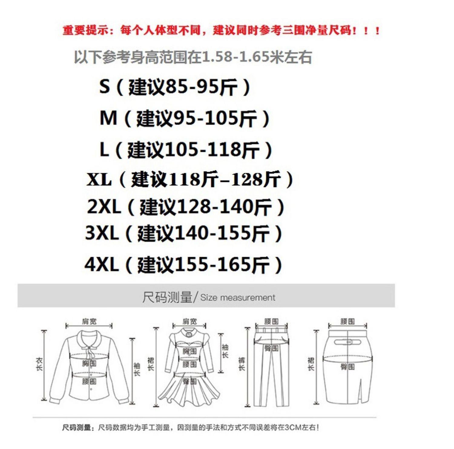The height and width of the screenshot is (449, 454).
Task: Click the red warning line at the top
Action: point(221,30)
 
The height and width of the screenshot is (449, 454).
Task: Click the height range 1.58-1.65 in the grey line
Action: point(235,57)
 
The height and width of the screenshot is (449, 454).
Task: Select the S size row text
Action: point(175,87)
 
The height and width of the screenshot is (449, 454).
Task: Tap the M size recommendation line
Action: point(184,118)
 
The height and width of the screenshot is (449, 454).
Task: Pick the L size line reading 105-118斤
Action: point(186,150)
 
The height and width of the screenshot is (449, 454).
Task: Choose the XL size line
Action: point(190,179)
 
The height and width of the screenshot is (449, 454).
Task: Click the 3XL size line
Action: point(184,233)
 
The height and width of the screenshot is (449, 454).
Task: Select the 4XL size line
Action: point(183,264)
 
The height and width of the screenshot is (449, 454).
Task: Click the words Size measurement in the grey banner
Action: point(238,297)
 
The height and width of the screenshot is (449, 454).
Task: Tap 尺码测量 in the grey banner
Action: point(167,297)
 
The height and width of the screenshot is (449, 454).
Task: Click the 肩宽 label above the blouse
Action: point(89,321)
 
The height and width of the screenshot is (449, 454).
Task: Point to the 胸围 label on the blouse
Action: point(89,363)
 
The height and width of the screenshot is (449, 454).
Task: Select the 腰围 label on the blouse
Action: point(89,381)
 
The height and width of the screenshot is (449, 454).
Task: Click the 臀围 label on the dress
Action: point(190,381)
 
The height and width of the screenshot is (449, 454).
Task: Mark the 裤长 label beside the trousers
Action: point(242,364)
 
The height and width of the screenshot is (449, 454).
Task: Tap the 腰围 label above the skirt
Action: point(347,321)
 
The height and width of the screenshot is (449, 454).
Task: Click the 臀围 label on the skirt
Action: point(347,367)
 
